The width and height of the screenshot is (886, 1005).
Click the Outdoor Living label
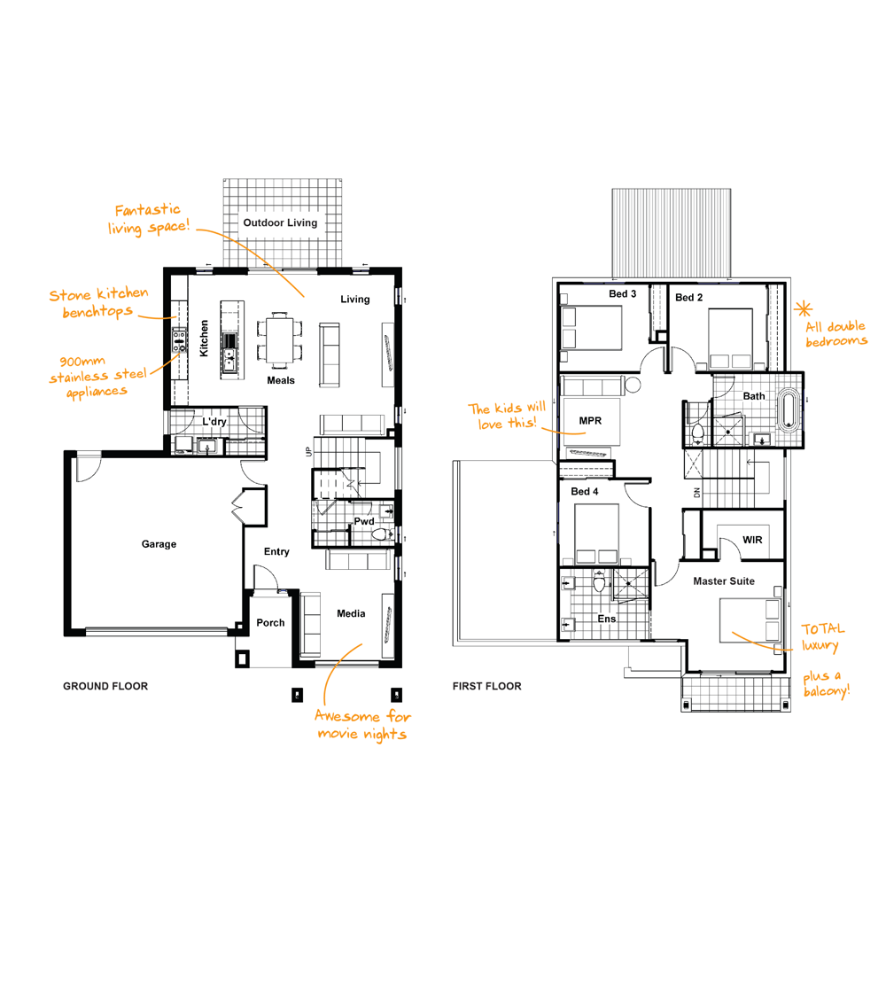(280, 222)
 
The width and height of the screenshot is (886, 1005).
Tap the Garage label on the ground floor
(159, 544)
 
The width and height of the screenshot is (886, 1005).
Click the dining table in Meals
(280, 339)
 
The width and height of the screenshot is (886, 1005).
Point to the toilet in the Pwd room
(381, 534)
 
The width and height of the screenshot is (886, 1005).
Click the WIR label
(752, 540)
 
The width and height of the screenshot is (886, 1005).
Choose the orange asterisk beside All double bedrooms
(803, 309)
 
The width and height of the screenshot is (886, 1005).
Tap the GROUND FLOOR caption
(105, 686)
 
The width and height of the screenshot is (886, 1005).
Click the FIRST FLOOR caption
(487, 686)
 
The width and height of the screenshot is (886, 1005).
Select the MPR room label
(590, 420)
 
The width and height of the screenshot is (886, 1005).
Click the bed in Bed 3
(591, 328)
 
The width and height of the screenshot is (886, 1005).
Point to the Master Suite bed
(750, 619)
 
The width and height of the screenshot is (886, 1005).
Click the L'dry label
(214, 421)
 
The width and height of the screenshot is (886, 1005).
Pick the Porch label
(270, 622)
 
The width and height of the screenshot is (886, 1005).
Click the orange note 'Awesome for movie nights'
(362, 725)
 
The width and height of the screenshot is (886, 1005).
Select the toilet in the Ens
(599, 582)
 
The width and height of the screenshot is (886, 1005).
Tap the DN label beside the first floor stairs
(697, 493)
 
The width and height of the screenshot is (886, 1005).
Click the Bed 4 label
(584, 492)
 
